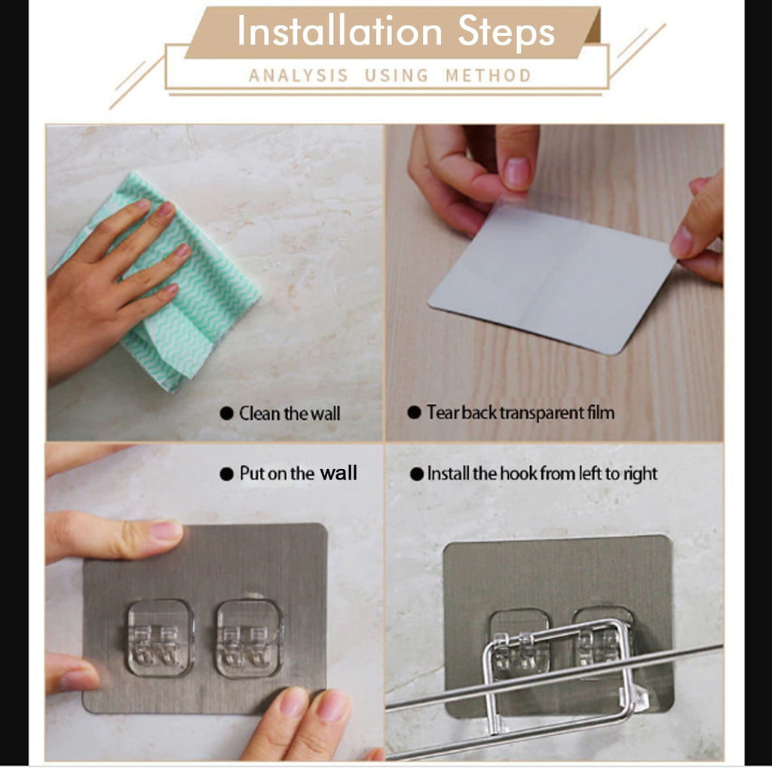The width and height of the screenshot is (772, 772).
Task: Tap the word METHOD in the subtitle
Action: pyautogui.click(x=488, y=75)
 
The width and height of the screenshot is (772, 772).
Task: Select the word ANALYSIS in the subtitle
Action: pyautogui.click(x=299, y=75)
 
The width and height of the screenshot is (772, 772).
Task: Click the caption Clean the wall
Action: pyautogui.click(x=289, y=413)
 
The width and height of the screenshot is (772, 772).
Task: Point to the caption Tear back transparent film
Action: pyautogui.click(x=520, y=412)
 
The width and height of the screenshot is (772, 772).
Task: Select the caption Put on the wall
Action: pyautogui.click(x=298, y=473)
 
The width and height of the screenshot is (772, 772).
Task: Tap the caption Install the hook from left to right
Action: pyautogui.click(x=542, y=473)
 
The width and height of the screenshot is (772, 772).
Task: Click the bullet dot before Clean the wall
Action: pyautogui.click(x=226, y=413)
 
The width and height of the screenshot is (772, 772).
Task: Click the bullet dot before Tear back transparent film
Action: pyautogui.click(x=414, y=412)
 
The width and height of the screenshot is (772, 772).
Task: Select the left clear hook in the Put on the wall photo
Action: pyautogui.click(x=160, y=637)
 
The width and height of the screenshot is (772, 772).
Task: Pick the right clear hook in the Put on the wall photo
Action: pyautogui.click(x=250, y=638)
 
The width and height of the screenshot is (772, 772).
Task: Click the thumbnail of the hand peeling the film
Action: pyautogui.click(x=554, y=283)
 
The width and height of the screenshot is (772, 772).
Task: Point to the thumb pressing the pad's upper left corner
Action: pyautogui.click(x=121, y=535)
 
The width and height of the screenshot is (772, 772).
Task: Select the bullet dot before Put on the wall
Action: pyautogui.click(x=226, y=474)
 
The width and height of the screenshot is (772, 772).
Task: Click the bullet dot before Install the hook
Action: pyautogui.click(x=416, y=474)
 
